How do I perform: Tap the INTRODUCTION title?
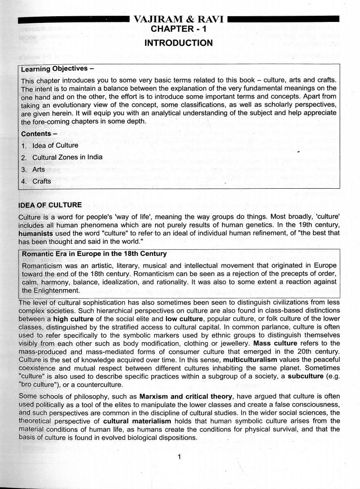[178, 43]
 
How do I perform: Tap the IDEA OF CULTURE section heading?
[50, 205]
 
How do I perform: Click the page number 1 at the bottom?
[179, 457]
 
